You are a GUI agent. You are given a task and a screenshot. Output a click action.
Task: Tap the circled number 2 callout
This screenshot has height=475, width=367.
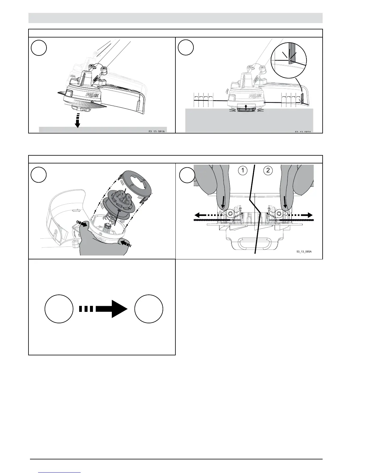click(x=268, y=171)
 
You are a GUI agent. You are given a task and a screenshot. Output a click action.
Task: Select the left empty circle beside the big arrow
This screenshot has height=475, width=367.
click(x=59, y=309)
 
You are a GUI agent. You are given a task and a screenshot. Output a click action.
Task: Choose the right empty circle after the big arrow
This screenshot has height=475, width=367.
click(x=149, y=309)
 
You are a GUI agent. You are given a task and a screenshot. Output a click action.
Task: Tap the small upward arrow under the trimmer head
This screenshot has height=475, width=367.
click(x=246, y=106)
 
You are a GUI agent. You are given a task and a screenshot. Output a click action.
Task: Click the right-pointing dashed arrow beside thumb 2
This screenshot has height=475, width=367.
click(x=300, y=215)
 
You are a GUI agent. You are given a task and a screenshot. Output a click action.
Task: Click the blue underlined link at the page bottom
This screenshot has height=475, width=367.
click(x=60, y=472)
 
